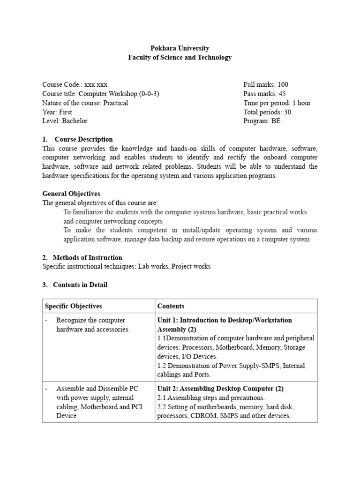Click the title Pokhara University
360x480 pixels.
click(180, 48)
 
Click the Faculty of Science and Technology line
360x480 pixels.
click(180, 58)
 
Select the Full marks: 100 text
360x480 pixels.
click(266, 85)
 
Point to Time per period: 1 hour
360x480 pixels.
click(277, 103)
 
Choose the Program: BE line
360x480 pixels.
click(262, 121)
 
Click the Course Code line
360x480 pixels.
click(75, 85)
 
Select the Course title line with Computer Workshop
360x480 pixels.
click(101, 94)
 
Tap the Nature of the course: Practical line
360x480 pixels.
click(85, 103)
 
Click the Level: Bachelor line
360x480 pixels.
click(65, 121)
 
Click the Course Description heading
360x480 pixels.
click(83, 139)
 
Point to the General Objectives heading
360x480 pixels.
click(71, 194)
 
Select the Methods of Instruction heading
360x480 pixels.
click(87, 257)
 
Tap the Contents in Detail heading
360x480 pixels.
click(80, 285)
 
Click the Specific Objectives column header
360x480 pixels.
click(73, 306)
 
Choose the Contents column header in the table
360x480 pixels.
click(171, 306)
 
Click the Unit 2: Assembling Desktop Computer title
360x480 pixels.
click(220, 389)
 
